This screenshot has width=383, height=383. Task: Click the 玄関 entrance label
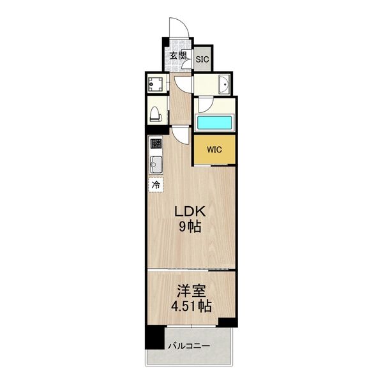[178, 56]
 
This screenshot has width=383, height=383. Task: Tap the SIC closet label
[202, 59]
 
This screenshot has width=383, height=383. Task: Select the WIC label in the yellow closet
[214, 149]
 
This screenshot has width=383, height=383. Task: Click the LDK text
[190, 211]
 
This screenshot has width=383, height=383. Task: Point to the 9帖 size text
[190, 227]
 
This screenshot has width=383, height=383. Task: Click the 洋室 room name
[191, 291]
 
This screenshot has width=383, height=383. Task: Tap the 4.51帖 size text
[191, 306]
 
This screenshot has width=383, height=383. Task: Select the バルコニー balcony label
[189, 346]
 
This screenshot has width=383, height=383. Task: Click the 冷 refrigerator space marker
[156, 185]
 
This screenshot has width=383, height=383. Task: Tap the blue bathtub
[214, 123]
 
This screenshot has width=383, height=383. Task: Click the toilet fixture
[156, 114]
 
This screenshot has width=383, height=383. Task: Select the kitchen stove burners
[156, 144]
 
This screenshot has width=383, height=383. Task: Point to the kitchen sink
[156, 165]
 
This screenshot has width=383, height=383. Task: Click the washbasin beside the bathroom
[224, 84]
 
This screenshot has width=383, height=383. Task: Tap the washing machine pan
[156, 84]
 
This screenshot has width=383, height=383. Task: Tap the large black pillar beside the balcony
[154, 338]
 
